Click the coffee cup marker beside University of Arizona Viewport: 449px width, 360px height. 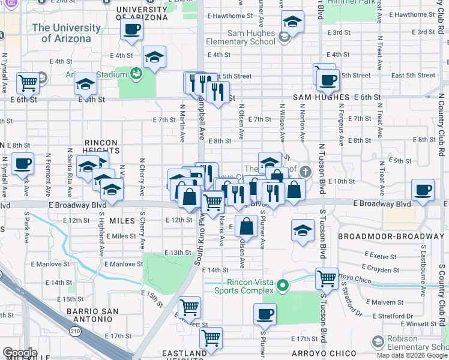[x=132, y=29]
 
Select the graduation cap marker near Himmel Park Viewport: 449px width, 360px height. [x=292, y=22]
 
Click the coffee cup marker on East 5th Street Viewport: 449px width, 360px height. [x=327, y=79]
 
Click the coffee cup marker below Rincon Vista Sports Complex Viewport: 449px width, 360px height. [x=265, y=313]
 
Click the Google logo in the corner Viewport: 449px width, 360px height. [x=20, y=352]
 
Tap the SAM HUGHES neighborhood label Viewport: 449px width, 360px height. [x=321, y=97]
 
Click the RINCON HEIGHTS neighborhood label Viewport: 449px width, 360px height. [x=92, y=147]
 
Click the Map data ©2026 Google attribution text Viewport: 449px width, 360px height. [x=411, y=355]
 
